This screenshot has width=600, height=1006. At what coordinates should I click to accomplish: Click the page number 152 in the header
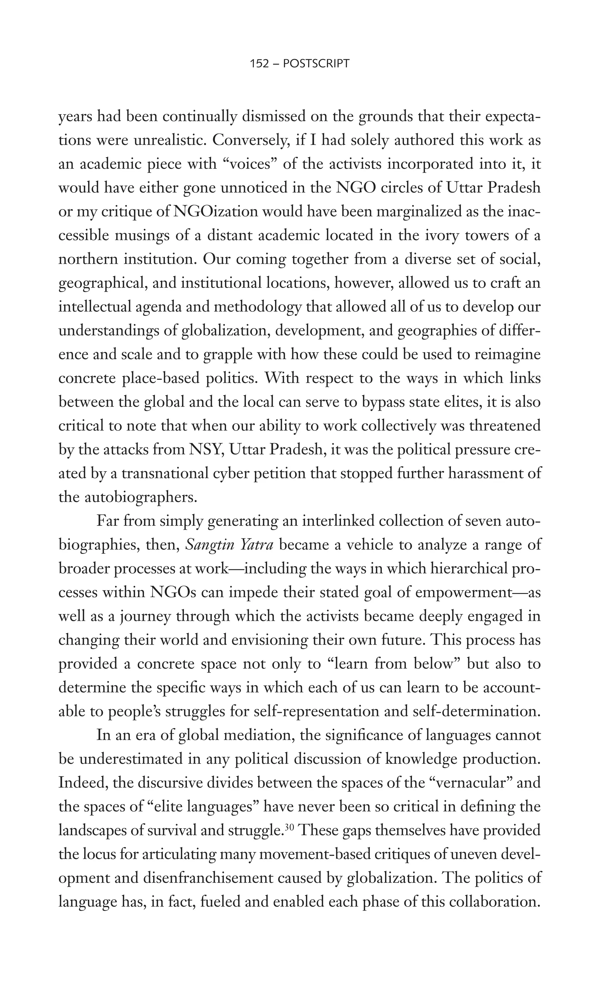pos(260,64)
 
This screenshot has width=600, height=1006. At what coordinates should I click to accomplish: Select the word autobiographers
pos(140,497)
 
